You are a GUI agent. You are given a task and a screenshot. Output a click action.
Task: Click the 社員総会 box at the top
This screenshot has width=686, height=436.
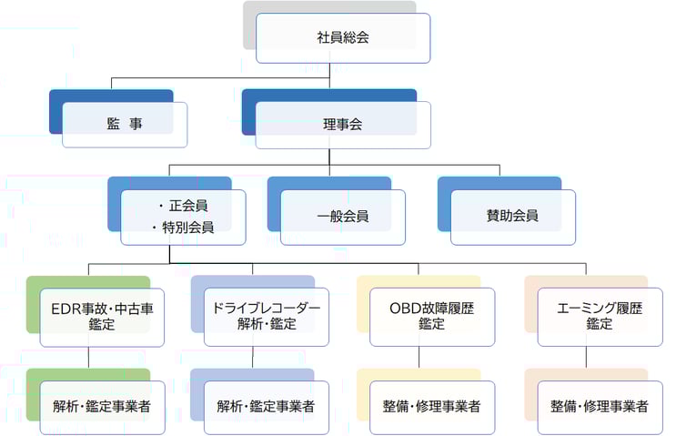pos(343,38)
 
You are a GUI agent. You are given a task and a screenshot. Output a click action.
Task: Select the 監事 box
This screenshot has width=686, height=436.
pos(125,125)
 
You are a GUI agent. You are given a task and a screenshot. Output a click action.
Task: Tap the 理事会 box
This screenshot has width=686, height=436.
pos(343,125)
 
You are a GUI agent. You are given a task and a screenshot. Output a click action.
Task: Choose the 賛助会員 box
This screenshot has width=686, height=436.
pos(512,217)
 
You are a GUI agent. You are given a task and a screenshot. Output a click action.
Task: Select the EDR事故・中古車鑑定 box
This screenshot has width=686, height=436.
pos(102,317)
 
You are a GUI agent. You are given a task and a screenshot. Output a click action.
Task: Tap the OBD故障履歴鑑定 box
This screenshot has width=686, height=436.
pos(432,317)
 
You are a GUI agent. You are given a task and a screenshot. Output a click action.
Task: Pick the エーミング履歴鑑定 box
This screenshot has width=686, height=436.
pos(599,317)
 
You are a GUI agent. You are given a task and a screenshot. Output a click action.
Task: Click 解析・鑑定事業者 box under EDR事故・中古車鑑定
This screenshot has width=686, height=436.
pos(102,406)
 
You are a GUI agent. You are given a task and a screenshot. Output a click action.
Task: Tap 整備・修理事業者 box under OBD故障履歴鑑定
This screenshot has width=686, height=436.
pos(432,406)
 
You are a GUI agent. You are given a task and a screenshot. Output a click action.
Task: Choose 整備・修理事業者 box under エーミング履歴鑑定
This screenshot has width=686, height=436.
pos(599,406)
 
